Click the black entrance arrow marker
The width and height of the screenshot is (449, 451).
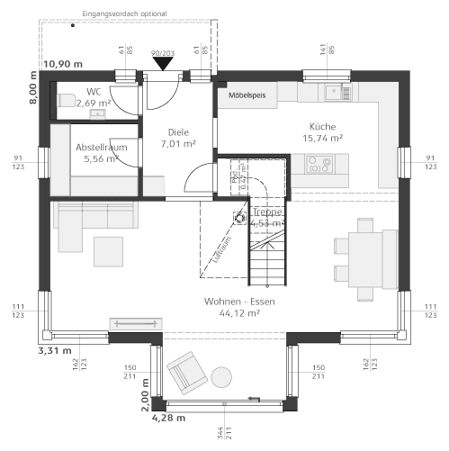[163, 62]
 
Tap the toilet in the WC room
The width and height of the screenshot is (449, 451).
[64, 100]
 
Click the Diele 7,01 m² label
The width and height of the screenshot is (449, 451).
[178, 138]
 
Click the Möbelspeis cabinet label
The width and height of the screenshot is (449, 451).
[247, 94]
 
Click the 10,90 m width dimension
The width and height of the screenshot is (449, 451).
[63, 63]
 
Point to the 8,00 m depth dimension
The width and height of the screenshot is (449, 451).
[33, 90]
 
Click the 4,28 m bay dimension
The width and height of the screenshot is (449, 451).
[167, 418]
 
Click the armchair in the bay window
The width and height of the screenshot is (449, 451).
[184, 369]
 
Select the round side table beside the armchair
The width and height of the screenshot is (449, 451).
[221, 374]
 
